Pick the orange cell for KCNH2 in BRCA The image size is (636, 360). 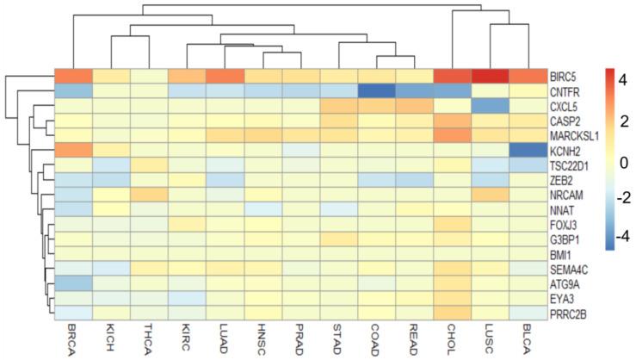coord(74,150)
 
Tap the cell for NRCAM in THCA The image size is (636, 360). coord(150,195)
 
